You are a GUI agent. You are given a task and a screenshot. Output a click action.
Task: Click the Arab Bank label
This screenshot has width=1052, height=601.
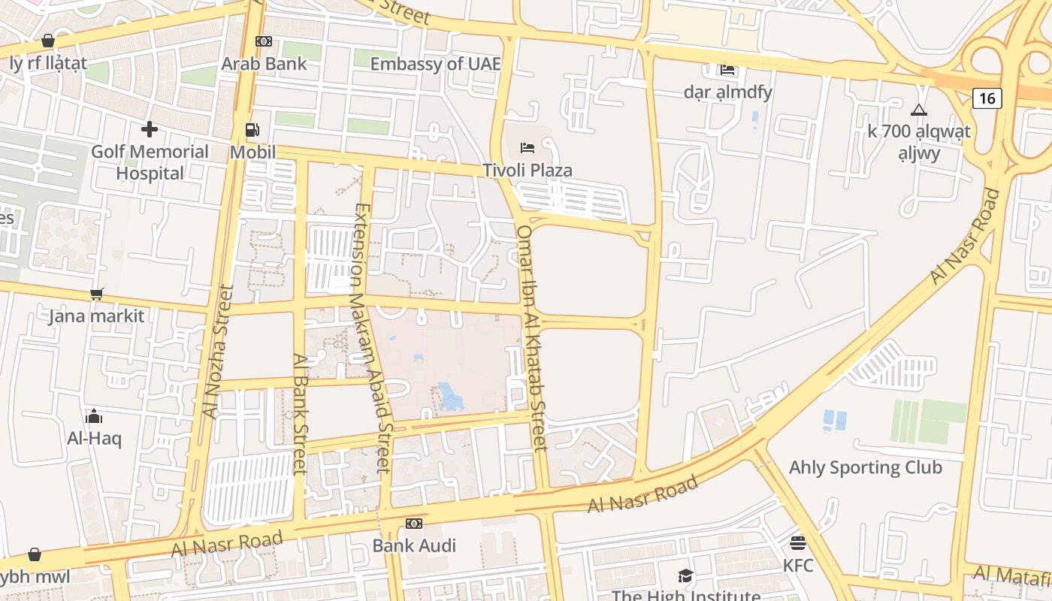pyautogui.click(x=264, y=64)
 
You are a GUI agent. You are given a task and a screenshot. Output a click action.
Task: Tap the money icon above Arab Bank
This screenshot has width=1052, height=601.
pyautogui.click(x=264, y=41)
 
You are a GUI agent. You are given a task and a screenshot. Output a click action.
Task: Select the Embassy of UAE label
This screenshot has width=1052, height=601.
pyautogui.click(x=435, y=64)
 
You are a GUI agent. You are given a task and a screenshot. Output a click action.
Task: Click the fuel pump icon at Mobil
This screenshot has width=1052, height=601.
pyautogui.click(x=252, y=130)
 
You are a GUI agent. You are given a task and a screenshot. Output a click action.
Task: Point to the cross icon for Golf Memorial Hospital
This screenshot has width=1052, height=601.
pyautogui.click(x=150, y=129)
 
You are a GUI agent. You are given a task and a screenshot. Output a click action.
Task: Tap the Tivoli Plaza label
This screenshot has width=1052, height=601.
pyautogui.click(x=528, y=171)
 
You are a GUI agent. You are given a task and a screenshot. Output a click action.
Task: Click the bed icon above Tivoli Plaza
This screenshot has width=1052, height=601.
pyautogui.click(x=528, y=147)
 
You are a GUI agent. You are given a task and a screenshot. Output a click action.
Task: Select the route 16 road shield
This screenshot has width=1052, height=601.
pyautogui.click(x=987, y=98)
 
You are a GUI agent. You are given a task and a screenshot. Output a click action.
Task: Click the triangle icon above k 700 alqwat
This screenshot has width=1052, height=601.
pyautogui.click(x=919, y=110)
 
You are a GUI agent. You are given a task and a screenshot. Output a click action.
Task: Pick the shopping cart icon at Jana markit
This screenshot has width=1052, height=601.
pyautogui.click(x=96, y=294)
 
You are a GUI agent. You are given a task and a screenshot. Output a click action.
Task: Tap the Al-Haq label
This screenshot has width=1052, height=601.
pyautogui.click(x=94, y=438)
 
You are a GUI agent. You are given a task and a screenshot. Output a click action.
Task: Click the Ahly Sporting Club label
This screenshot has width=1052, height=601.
pyautogui.click(x=865, y=467)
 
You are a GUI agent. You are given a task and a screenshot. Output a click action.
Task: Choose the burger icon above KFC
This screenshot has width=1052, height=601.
pyautogui.click(x=798, y=542)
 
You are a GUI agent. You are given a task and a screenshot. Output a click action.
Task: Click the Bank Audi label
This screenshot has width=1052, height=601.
pyautogui.click(x=414, y=545)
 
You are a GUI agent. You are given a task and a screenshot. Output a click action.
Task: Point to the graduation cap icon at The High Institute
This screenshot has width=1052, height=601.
pyautogui.click(x=685, y=576)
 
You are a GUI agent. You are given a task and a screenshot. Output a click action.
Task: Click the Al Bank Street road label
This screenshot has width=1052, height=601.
pyautogui.click(x=300, y=414)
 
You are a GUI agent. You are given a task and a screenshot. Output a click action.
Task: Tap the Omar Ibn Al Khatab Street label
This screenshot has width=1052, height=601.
pyautogui.click(x=531, y=338)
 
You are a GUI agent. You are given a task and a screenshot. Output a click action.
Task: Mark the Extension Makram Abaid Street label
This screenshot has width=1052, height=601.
pyautogui.click(x=373, y=338)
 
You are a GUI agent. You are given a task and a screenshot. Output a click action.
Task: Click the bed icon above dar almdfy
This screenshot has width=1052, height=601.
pyautogui.click(x=727, y=70)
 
